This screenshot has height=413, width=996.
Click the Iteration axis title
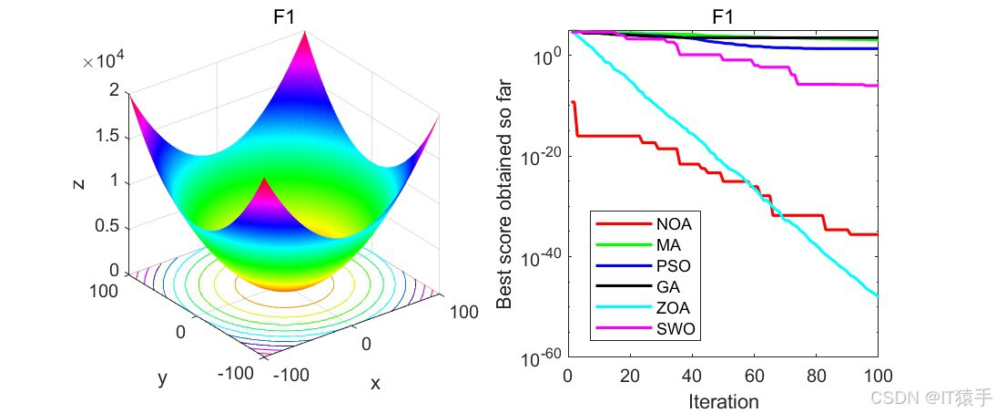723,401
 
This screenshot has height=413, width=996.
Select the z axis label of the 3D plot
78,181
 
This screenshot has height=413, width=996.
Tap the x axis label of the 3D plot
374,383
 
